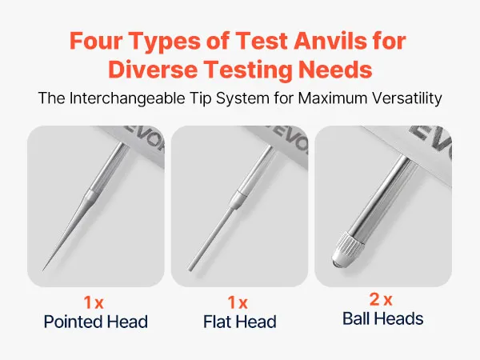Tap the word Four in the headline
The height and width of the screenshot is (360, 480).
click(96, 41)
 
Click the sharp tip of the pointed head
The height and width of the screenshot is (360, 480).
click(42, 270)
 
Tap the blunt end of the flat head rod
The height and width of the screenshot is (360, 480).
click(190, 270)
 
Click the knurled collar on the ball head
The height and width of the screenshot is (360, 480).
click(348, 246)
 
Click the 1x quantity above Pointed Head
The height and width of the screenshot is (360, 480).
click(94, 302)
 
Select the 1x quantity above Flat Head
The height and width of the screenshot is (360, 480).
click(238, 302)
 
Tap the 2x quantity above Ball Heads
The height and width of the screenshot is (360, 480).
click(381, 299)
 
